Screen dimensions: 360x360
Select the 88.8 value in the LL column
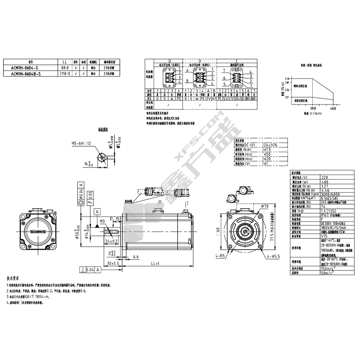click(x=65, y=68)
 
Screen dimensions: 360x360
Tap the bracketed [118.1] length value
click(x=65, y=73)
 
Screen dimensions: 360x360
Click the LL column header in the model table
click(x=65, y=63)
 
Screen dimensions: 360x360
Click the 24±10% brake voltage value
click(x=270, y=145)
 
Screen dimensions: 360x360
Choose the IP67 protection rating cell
click(x=327, y=215)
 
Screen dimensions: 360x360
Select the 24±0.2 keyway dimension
click(x=112, y=241)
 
